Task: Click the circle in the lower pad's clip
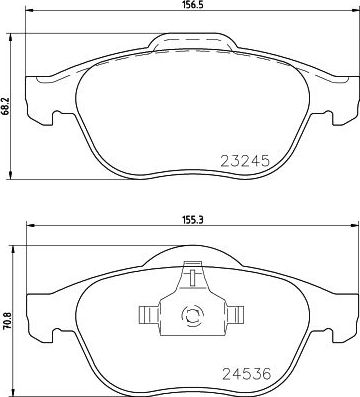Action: pyautogui.click(x=189, y=318)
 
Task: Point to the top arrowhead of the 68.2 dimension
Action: pyautogui.click(x=10, y=43)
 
